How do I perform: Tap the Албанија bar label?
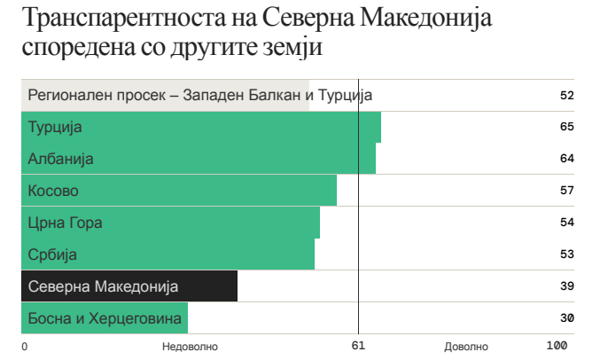pyautogui.click(x=61, y=159)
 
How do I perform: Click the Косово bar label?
pyautogui.click(x=53, y=191)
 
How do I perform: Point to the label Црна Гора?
pyautogui.click(x=66, y=223)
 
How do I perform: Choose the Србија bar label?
pyautogui.click(x=53, y=254)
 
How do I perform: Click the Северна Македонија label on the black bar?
pyautogui.click(x=104, y=286)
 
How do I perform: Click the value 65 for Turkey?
pyautogui.click(x=567, y=127)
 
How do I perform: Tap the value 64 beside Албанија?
pyautogui.click(x=567, y=159)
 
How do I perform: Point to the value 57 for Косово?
pyautogui.click(x=567, y=191)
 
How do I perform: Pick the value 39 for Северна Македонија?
pyautogui.click(x=567, y=286)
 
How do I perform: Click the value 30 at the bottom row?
pyautogui.click(x=567, y=318)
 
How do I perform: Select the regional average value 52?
pyautogui.click(x=567, y=95)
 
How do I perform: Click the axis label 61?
pyautogui.click(x=358, y=346)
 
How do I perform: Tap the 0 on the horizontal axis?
pyautogui.click(x=25, y=346)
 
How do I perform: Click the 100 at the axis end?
pyautogui.click(x=557, y=346)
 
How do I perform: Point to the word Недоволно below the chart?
pyautogui.click(x=190, y=346)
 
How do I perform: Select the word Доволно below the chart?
pyautogui.click(x=466, y=346)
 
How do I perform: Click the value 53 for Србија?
pyautogui.click(x=567, y=254)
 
